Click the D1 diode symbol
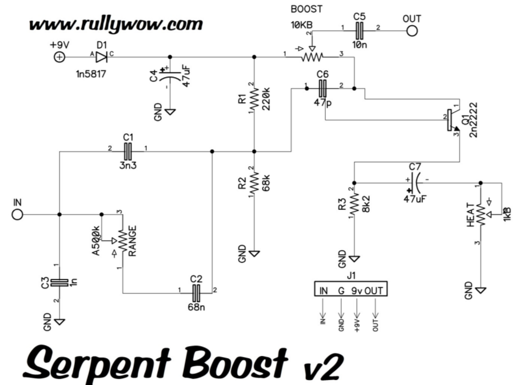(x=102, y=57)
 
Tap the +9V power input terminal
(x=58, y=57)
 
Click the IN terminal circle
(x=18, y=215)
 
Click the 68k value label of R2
(x=265, y=182)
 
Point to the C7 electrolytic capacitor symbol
(x=415, y=183)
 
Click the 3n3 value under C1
(x=128, y=166)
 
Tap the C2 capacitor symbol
(x=196, y=293)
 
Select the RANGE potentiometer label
(x=132, y=240)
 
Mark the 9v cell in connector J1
(x=357, y=290)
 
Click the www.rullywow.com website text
(x=116, y=24)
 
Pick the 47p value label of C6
(x=323, y=103)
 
